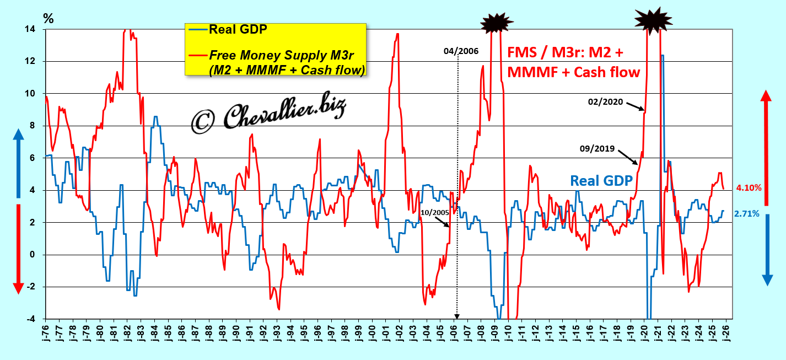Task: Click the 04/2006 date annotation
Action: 461,51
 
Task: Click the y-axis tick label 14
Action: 34,29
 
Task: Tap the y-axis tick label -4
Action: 34,319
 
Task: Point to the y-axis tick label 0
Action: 36,255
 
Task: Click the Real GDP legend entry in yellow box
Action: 238,29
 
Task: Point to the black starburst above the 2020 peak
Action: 653,20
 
